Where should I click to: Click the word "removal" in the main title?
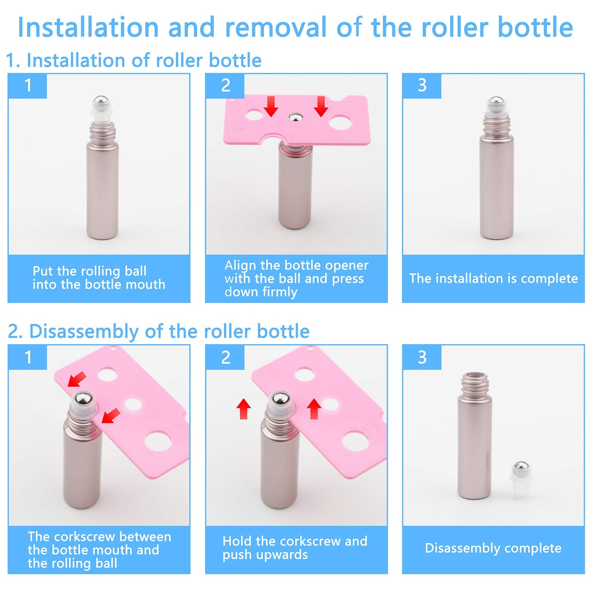[x=275, y=27]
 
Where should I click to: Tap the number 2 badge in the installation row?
[x=225, y=85]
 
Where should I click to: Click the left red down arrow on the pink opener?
[x=271, y=106]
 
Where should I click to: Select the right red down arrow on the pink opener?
[x=321, y=106]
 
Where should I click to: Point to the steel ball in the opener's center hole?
[x=295, y=117]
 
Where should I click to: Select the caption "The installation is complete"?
[x=493, y=278]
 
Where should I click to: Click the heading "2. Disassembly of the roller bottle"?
[x=158, y=331]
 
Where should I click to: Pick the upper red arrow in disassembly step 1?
[x=77, y=380]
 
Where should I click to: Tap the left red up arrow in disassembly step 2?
[x=243, y=408]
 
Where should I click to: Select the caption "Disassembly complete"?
[x=493, y=548]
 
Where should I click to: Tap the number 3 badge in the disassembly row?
[x=422, y=357]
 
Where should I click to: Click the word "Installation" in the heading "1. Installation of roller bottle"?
[x=77, y=60]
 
